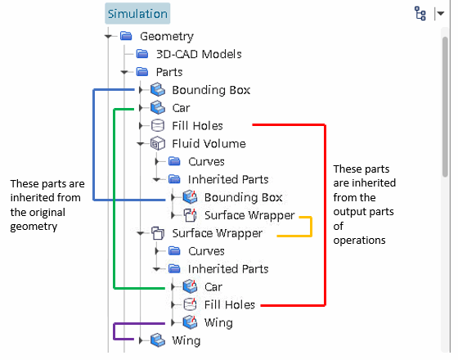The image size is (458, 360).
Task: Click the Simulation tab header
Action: (x=137, y=13)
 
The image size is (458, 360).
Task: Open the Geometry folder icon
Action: (x=126, y=36)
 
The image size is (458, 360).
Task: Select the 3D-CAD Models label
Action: (x=199, y=54)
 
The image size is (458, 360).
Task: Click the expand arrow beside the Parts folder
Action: (x=124, y=72)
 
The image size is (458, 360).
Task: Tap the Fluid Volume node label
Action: (x=209, y=144)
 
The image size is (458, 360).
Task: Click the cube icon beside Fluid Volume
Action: (x=158, y=143)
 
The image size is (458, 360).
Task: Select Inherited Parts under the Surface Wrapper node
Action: (x=228, y=269)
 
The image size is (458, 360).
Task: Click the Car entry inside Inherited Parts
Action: (x=213, y=287)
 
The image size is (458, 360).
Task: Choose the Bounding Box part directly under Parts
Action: (x=211, y=90)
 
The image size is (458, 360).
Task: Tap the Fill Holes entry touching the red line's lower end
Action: (x=230, y=304)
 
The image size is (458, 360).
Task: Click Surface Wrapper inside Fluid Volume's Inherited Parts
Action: (x=249, y=215)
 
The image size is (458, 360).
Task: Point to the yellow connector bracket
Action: (x=312, y=227)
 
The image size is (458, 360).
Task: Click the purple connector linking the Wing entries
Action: (x=114, y=331)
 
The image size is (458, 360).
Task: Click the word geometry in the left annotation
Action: (x=34, y=227)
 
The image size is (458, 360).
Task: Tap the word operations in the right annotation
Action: (x=359, y=241)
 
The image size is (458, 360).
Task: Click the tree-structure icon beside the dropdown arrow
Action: (x=420, y=13)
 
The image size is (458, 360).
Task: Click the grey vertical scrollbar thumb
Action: (x=445, y=106)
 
